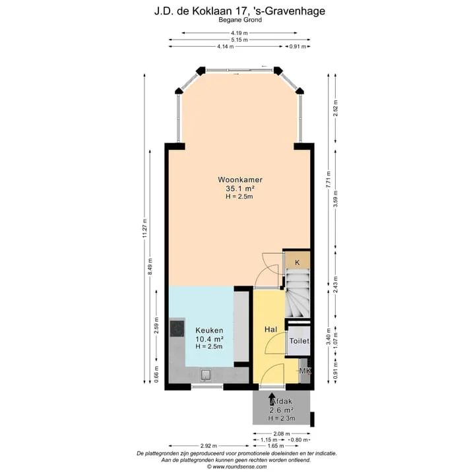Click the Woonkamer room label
tap(240, 179)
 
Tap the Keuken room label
tap(209, 331)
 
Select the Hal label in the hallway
tap(270, 329)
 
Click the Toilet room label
tap(300, 341)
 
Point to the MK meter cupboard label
tap(305, 371)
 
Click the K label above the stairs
tap(297, 263)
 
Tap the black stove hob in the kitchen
tap(177, 329)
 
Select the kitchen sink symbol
tap(206, 375)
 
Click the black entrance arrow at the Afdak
tap(272, 398)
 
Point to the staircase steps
tap(298, 293)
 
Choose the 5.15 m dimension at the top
tap(239, 40)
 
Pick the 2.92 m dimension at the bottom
tap(208, 445)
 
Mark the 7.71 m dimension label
tap(329, 180)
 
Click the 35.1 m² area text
tap(240, 189)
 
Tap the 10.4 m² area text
tap(210, 338)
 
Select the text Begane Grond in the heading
tap(240, 20)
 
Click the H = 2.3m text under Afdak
tap(282, 418)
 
